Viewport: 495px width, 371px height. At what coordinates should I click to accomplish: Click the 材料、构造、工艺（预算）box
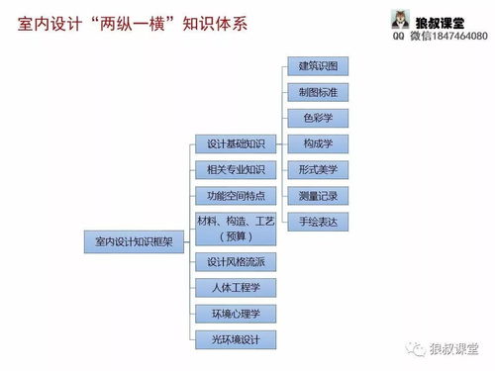235,229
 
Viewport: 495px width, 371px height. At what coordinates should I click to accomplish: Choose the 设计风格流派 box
235,262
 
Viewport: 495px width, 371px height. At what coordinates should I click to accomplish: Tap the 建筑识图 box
318,66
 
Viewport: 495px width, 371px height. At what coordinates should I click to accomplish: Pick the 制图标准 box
318,92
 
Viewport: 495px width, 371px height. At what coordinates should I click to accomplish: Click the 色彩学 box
318,118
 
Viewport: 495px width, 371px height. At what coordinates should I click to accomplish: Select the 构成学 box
318,143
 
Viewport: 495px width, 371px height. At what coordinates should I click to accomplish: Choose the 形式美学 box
318,169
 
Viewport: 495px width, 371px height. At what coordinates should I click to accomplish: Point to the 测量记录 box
318,195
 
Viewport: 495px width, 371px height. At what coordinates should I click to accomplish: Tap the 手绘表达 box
318,220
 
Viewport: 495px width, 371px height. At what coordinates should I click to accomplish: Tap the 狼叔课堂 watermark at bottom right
454,348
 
